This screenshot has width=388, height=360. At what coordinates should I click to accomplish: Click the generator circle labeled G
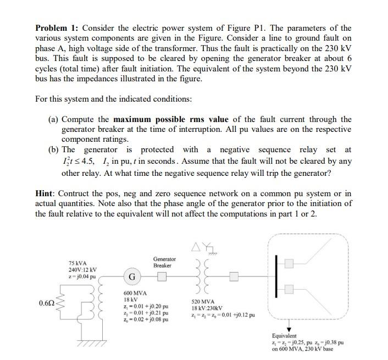click(x=132, y=275)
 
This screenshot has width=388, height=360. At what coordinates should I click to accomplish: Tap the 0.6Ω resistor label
click(x=46, y=303)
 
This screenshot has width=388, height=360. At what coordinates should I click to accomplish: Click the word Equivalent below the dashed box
click(x=284, y=335)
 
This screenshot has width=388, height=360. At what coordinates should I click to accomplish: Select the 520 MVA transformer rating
click(x=203, y=302)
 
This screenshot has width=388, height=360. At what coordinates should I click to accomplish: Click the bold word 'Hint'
click(x=45, y=194)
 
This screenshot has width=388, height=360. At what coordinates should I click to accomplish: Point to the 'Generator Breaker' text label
click(x=164, y=262)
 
